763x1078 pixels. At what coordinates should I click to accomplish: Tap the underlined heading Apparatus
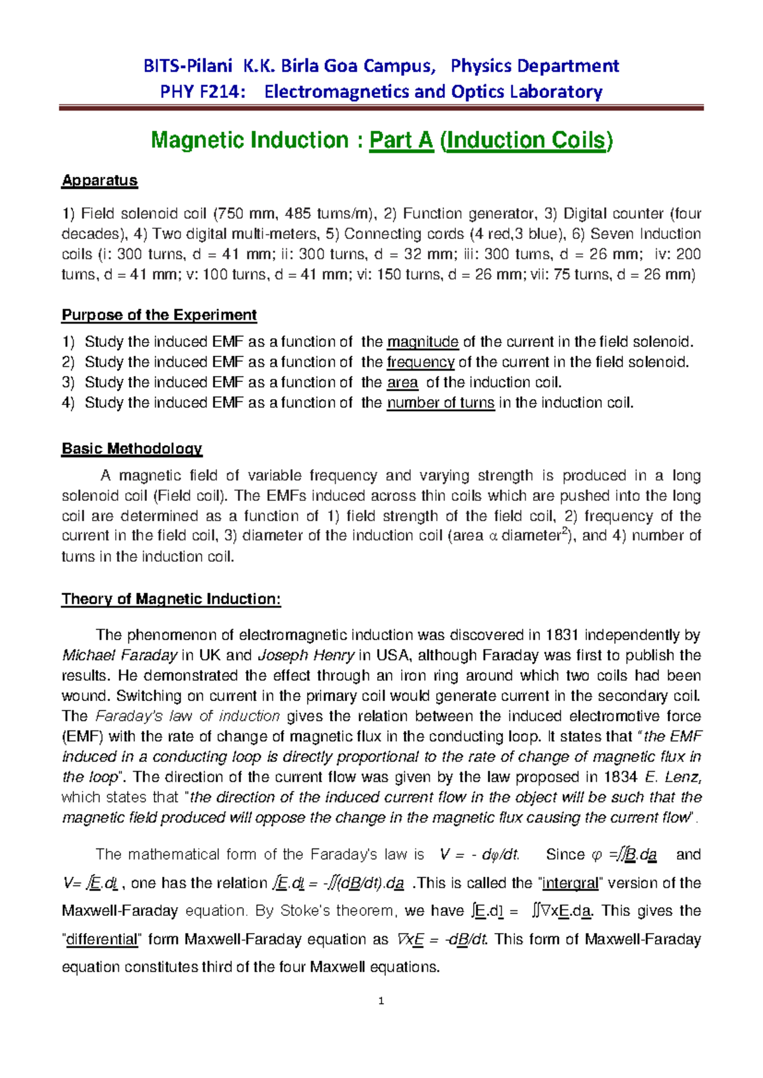click(99, 181)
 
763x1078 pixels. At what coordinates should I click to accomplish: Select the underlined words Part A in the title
click(401, 140)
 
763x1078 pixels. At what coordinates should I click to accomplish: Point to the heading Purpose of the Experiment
click(159, 315)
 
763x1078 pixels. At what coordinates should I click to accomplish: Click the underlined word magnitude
click(423, 342)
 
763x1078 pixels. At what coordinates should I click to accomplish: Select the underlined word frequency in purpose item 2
click(420, 362)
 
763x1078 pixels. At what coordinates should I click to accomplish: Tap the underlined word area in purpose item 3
click(402, 383)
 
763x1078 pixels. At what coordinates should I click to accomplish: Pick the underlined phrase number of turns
click(441, 403)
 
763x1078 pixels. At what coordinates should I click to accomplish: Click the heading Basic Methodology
click(132, 449)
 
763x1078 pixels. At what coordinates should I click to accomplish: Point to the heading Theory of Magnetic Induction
click(170, 599)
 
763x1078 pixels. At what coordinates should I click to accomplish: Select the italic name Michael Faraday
click(120, 655)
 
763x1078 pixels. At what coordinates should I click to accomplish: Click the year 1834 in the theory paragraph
click(620, 777)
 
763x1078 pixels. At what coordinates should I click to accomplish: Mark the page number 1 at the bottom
click(381, 1002)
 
